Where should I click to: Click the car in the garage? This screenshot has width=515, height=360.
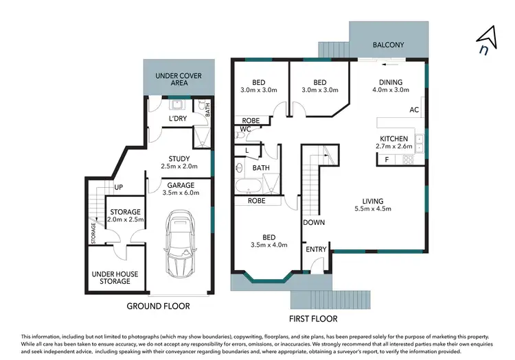[181, 244]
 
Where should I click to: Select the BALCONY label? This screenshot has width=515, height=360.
[388, 45]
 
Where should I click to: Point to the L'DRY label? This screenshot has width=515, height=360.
[178, 119]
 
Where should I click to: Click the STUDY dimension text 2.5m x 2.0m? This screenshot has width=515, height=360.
[179, 167]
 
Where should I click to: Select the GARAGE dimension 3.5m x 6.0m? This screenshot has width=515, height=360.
[180, 193]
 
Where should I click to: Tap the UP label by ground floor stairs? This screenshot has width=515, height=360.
[118, 187]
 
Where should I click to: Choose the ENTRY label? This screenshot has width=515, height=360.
[317, 249]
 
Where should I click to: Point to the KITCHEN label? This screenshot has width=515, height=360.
[394, 139]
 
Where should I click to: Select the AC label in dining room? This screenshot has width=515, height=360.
[413, 110]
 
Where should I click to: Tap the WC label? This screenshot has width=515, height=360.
[244, 129]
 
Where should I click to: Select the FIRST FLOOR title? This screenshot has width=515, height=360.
[312, 319]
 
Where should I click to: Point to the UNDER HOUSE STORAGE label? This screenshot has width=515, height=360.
[115, 278]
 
